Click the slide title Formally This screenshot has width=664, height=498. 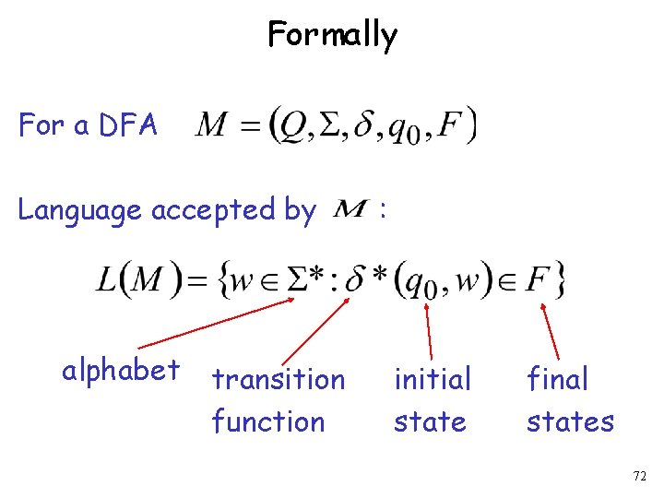tap(332, 35)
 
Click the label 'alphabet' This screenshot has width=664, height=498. tap(120, 371)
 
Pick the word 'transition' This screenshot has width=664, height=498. tap(278, 379)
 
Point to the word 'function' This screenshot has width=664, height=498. tap(267, 422)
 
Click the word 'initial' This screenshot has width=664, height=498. tap(432, 379)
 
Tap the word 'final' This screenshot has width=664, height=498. tap(557, 379)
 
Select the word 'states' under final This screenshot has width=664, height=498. tap(570, 422)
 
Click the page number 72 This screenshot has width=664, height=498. tap(640, 476)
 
